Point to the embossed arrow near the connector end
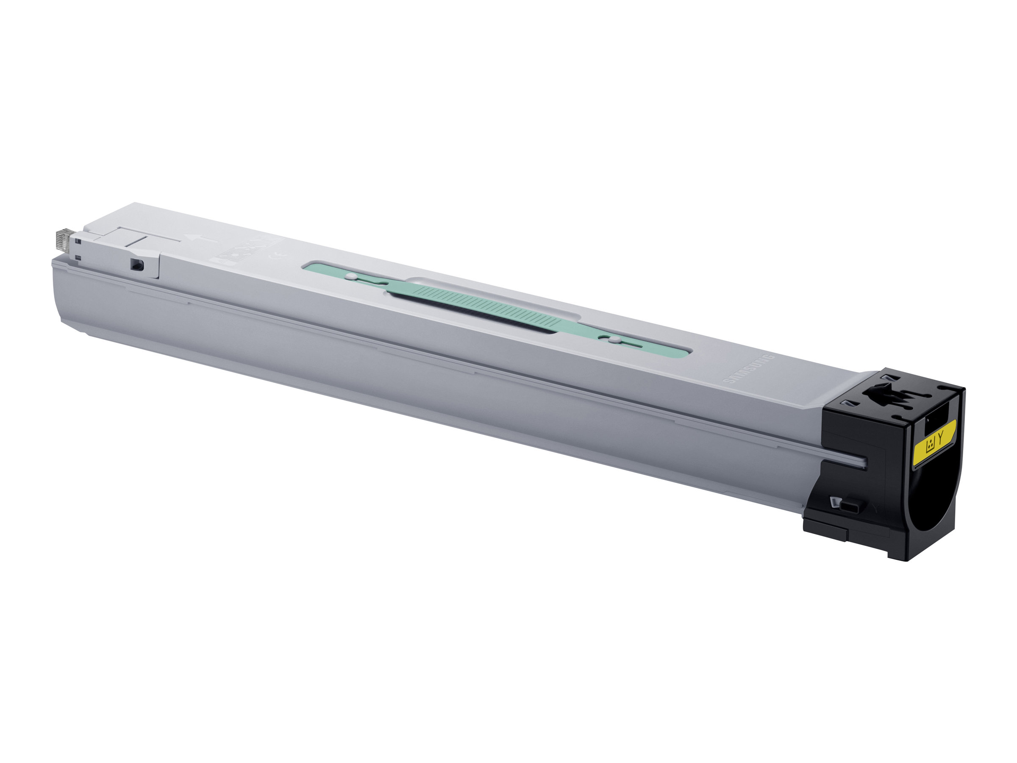pyautogui.click(x=198, y=239)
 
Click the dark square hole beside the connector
pyautogui.click(x=136, y=265)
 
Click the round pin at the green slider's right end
pyautogui.click(x=613, y=340)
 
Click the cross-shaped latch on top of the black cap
pyautogui.click(x=889, y=395)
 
